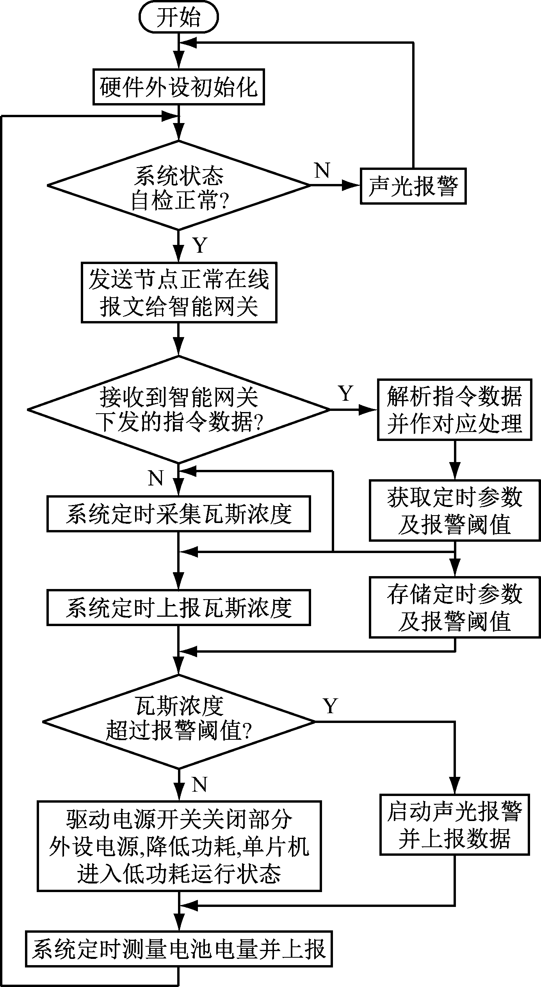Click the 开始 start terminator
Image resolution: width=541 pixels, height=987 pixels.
178,18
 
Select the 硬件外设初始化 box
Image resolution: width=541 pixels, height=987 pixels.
178,87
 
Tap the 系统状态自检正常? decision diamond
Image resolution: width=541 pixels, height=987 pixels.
178,185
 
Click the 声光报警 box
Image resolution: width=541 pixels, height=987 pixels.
413,186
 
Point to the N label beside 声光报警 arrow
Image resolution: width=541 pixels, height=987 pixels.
322,171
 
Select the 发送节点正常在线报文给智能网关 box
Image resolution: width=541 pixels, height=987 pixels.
179,293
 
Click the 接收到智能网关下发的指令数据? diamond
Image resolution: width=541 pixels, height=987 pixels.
178,409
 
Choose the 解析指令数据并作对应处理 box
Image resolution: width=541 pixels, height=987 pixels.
454,410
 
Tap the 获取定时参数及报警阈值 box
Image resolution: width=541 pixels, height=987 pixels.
455,510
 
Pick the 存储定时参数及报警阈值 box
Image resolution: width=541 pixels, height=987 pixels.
455,607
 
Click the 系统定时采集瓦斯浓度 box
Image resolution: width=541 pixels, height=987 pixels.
178,514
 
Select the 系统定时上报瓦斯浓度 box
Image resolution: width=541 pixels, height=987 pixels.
178,608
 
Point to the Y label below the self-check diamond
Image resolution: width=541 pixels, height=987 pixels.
200,245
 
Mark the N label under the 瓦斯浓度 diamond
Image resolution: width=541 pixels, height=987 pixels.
199,784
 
